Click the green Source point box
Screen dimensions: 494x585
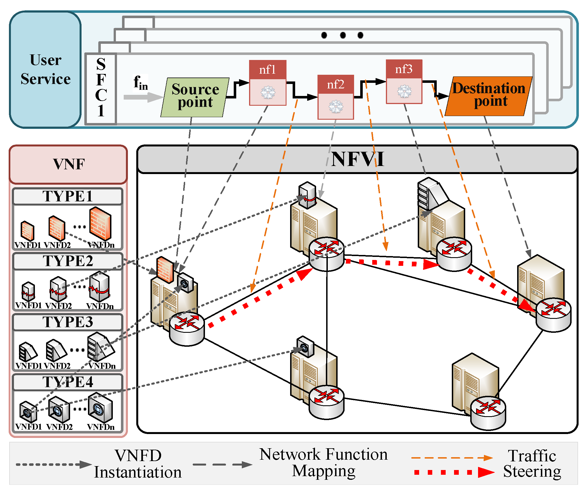click(x=195, y=97)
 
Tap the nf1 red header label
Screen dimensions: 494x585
click(x=268, y=69)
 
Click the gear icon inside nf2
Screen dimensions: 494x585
click(x=336, y=107)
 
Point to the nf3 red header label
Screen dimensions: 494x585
click(x=404, y=69)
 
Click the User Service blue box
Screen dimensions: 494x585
click(x=46, y=69)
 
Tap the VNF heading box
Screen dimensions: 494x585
click(x=68, y=164)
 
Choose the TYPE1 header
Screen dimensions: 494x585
click(x=68, y=196)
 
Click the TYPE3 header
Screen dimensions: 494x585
click(x=68, y=322)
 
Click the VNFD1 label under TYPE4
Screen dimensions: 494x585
click(x=28, y=426)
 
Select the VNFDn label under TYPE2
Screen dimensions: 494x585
click(x=100, y=306)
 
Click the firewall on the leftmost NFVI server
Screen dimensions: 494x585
click(x=165, y=269)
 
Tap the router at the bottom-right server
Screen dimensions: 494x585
click(x=488, y=413)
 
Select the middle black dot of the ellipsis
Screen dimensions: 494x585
click(x=343, y=35)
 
